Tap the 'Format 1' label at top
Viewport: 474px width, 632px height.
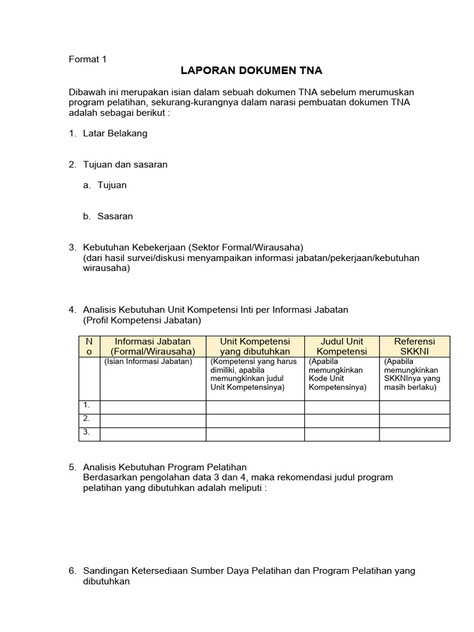click(x=87, y=59)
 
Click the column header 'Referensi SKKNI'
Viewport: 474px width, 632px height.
click(x=414, y=346)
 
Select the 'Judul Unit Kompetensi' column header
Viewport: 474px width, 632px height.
click(x=342, y=346)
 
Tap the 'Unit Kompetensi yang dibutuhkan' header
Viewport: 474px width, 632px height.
click(x=255, y=346)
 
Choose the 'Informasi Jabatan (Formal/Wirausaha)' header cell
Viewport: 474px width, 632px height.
click(x=152, y=346)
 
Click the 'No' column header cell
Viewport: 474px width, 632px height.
click(x=89, y=346)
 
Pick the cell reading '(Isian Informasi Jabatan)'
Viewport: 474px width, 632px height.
click(x=148, y=362)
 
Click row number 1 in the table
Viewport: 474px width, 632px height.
click(x=88, y=405)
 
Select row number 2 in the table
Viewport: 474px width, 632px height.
click(x=88, y=419)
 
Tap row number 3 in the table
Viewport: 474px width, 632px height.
click(x=88, y=433)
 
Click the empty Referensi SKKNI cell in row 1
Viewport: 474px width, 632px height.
click(x=414, y=406)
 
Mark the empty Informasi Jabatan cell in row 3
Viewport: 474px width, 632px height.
click(x=152, y=434)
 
